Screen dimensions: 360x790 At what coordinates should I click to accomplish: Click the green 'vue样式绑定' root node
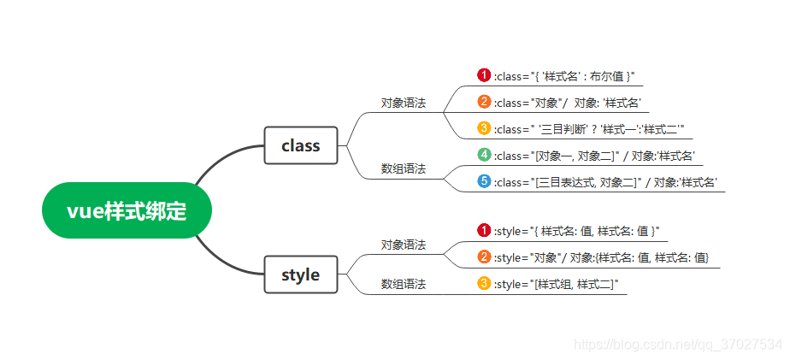tap(127, 210)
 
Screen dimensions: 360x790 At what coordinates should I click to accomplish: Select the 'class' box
tap(301, 145)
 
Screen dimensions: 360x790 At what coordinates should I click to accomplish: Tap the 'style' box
tap(301, 274)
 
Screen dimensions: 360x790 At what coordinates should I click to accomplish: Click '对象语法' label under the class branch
tap(404, 103)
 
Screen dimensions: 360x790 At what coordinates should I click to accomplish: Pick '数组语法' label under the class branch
tap(404, 168)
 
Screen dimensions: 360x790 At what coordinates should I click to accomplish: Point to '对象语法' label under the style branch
tap(404, 245)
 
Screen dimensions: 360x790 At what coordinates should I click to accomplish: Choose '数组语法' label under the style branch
tap(404, 283)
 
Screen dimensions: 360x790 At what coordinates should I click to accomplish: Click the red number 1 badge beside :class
tap(484, 75)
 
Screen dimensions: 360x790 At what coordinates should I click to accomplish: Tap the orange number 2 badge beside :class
tap(484, 102)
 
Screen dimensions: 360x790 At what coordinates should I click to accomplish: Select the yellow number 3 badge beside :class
tap(484, 128)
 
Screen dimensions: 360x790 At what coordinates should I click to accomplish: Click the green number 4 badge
tap(484, 155)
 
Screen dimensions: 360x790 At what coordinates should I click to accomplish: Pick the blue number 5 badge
tap(484, 181)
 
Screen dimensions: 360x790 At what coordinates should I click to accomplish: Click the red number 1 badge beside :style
tap(484, 230)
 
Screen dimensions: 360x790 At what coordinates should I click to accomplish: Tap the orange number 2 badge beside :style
tap(484, 257)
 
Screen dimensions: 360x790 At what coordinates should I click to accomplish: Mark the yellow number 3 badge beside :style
tap(484, 283)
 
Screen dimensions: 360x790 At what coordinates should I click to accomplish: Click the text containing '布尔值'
tap(564, 76)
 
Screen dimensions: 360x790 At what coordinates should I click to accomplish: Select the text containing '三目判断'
tap(590, 129)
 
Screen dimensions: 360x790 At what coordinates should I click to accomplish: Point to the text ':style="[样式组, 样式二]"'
tap(556, 284)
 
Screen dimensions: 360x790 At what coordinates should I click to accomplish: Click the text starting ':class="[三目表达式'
tap(605, 182)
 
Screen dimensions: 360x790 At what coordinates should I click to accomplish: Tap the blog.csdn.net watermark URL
tap(677, 344)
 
